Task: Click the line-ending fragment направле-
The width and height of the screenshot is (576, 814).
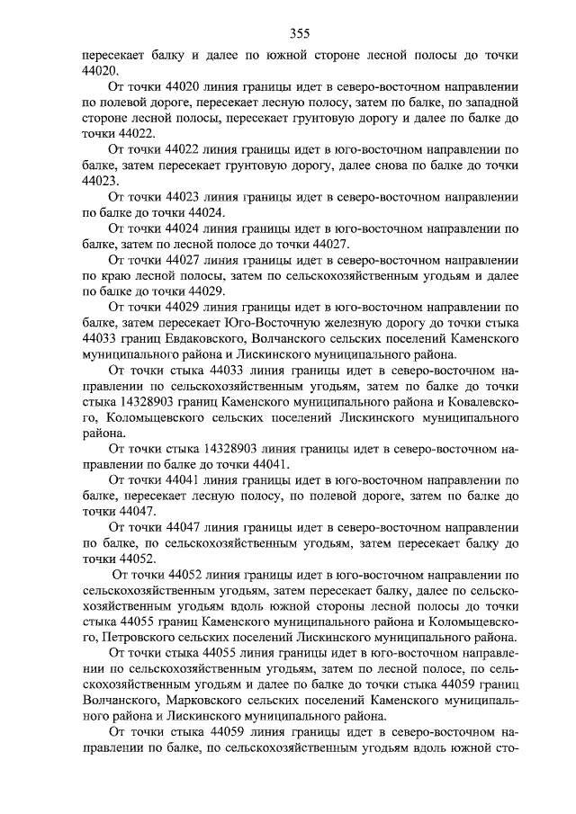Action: pyautogui.click(x=485, y=650)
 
